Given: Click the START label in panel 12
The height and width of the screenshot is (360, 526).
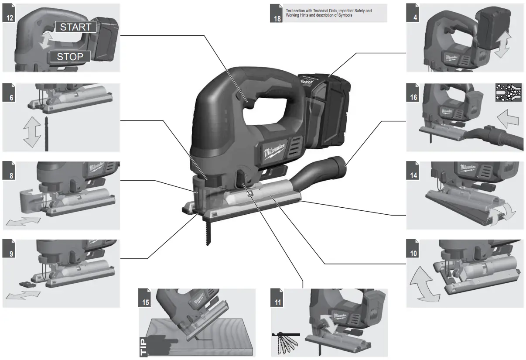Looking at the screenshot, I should [75, 27].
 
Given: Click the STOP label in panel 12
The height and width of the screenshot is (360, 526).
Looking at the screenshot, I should [70, 56].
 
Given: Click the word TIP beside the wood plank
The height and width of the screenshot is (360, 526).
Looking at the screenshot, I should [143, 345].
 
